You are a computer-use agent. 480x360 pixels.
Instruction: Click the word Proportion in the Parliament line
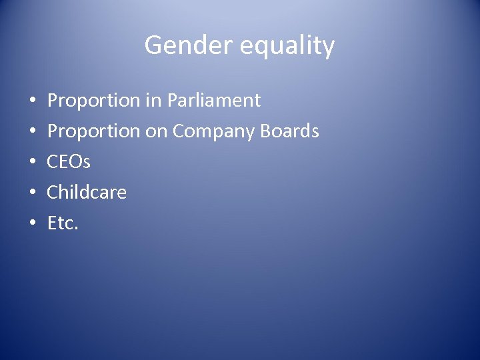[x=93, y=101]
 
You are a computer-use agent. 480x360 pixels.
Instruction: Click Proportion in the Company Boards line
[x=93, y=132]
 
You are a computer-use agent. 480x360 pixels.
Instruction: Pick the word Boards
[x=291, y=131]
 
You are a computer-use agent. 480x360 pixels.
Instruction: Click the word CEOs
[x=69, y=162]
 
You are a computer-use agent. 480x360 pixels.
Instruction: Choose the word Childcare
[x=87, y=193]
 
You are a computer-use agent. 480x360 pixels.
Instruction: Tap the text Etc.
[x=63, y=223]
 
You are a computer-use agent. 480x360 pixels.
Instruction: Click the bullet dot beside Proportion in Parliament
[x=33, y=102]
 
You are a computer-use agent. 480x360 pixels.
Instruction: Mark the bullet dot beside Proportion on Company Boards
[x=33, y=133]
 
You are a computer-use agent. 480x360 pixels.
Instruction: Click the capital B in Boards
[x=269, y=131]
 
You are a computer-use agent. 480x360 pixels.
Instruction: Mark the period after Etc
[x=77, y=229]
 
